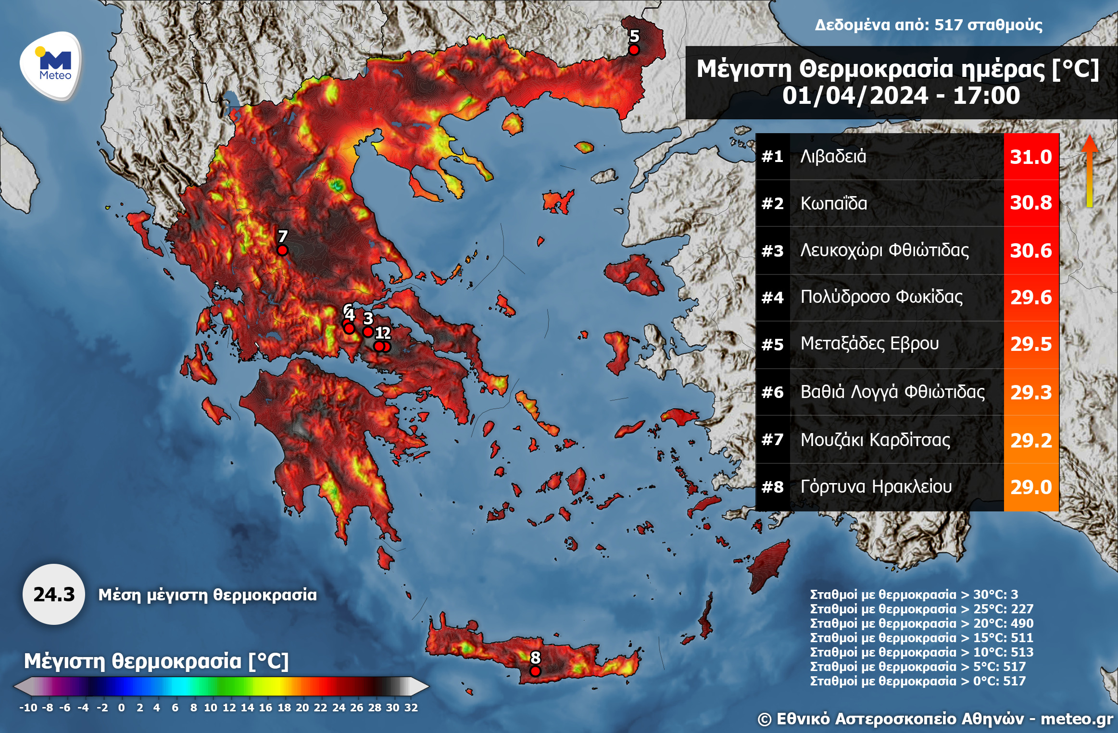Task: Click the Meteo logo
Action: pos(51,65)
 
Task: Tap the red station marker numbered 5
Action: pos(634,50)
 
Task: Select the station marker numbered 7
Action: pos(282,250)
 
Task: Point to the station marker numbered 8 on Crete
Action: pos(535,671)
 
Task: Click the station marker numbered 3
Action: pos(368,332)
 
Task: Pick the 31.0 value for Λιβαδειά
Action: pos(1031,157)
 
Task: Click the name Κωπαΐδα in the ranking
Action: pos(834,203)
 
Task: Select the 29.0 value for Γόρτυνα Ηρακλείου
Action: pos(1031,487)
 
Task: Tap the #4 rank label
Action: pos(772,298)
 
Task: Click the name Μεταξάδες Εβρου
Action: pos(869,344)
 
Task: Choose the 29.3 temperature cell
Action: pos(1031,393)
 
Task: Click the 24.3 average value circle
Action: pos(54,595)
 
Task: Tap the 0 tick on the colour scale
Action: pos(121,708)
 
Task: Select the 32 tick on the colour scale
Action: pos(411,708)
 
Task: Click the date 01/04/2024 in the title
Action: pos(854,95)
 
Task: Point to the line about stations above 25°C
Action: pos(921,609)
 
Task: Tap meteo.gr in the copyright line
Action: pos(1077,719)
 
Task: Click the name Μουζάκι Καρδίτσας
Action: pos(875,440)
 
